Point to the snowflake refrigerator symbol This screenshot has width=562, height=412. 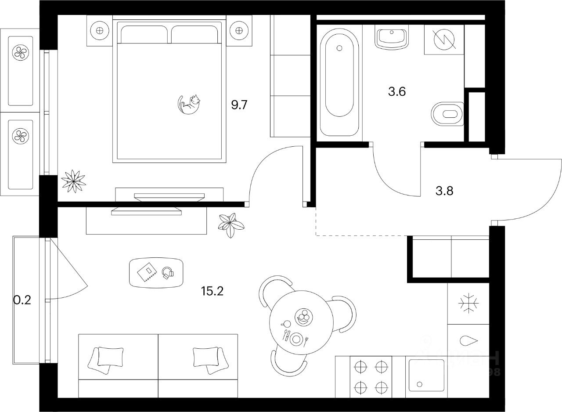468,304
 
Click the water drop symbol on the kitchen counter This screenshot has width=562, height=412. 468,341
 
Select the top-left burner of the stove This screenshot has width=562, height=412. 360,365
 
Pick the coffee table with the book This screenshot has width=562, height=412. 156,272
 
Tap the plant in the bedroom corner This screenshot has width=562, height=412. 73,181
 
